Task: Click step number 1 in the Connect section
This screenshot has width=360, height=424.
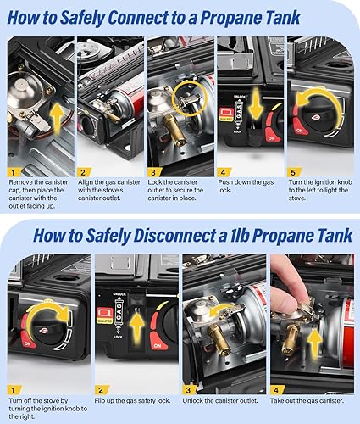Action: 13,172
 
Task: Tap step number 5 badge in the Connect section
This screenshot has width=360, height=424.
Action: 293,172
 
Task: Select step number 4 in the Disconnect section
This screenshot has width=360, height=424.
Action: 276,390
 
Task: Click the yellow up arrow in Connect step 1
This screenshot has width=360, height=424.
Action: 57,119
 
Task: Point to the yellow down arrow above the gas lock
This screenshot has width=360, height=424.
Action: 256,103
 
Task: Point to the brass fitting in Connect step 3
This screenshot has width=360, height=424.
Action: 173,131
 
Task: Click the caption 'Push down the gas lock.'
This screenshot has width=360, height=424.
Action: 246,187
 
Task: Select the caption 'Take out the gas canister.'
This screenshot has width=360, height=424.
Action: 307,400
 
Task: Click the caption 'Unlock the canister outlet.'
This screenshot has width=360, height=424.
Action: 220,400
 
